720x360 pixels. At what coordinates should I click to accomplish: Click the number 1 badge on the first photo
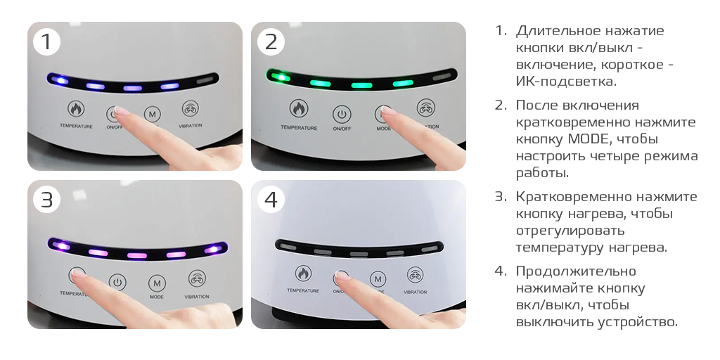[46, 42]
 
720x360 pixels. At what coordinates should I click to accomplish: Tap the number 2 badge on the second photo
[271, 42]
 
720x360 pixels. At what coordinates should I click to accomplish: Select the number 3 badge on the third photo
[46, 200]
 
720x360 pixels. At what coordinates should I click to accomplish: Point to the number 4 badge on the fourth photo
[271, 200]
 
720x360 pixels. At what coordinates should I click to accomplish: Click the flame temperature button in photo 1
[76, 109]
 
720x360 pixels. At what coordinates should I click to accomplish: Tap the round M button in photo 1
[153, 113]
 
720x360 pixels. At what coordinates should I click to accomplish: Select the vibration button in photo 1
[190, 109]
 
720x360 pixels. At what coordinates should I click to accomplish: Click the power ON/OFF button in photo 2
[342, 113]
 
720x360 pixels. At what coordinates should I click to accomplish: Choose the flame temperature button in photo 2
[299, 109]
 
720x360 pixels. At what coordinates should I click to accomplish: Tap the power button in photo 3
[117, 283]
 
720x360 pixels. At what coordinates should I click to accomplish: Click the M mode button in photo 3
[157, 283]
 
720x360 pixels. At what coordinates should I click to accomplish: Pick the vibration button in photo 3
[198, 278]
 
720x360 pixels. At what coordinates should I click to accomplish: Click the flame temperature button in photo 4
[303, 274]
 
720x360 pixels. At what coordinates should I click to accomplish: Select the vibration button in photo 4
[415, 274]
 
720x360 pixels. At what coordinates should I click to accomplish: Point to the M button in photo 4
[378, 278]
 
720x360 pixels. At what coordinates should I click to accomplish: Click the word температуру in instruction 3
[568, 247]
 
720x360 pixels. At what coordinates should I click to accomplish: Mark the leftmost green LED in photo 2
[279, 77]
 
